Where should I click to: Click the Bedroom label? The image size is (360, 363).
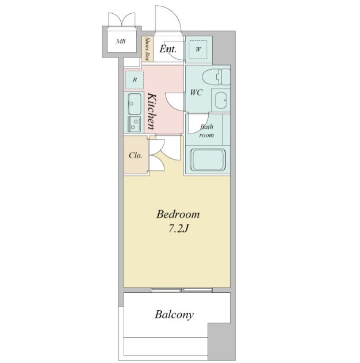(178, 215)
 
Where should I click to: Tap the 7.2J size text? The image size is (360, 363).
(178, 229)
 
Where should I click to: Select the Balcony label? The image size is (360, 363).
(174, 315)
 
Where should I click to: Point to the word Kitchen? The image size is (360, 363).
(152, 111)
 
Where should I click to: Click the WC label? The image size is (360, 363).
(196, 93)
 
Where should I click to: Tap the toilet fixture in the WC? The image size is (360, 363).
(216, 77)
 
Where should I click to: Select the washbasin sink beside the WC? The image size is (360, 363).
(221, 100)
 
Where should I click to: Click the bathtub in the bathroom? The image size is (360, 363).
(208, 160)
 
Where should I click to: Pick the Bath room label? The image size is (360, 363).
(206, 131)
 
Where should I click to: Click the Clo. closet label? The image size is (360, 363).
(136, 155)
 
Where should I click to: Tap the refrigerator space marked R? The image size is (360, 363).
(135, 80)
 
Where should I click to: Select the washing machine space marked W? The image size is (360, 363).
(198, 49)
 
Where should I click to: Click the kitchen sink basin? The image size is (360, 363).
(135, 104)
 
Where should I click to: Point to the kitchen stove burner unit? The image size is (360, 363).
(134, 124)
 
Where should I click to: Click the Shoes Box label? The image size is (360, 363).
(147, 49)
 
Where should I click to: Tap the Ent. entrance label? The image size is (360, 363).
(168, 49)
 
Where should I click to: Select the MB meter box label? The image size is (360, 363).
(121, 41)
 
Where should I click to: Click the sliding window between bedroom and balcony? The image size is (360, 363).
(182, 290)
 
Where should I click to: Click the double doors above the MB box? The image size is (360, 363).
(122, 20)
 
